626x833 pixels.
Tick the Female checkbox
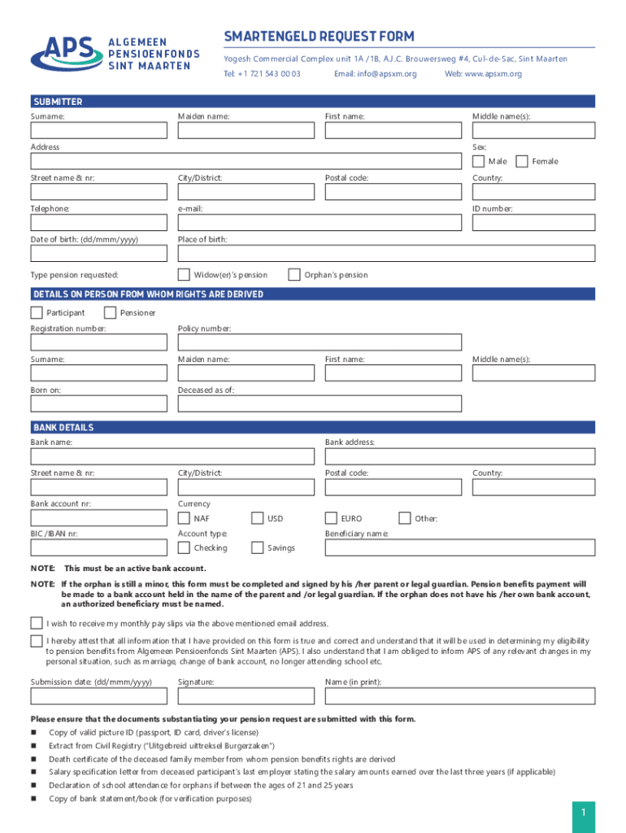522,161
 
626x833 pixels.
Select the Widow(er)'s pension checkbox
184,275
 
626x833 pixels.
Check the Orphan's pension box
294,275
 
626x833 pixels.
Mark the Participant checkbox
37,312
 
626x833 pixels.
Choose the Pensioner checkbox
111,312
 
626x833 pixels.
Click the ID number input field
533,223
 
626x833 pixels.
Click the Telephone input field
99,223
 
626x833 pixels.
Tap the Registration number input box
99,342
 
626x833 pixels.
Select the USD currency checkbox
258,518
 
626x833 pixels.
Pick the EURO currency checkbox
331,518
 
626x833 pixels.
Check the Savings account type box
258,548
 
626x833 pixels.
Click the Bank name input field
172,456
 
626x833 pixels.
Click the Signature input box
246,696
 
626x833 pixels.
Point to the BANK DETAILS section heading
63,427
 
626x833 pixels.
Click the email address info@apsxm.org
375,74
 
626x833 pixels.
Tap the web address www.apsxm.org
483,74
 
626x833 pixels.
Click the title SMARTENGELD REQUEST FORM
320,37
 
